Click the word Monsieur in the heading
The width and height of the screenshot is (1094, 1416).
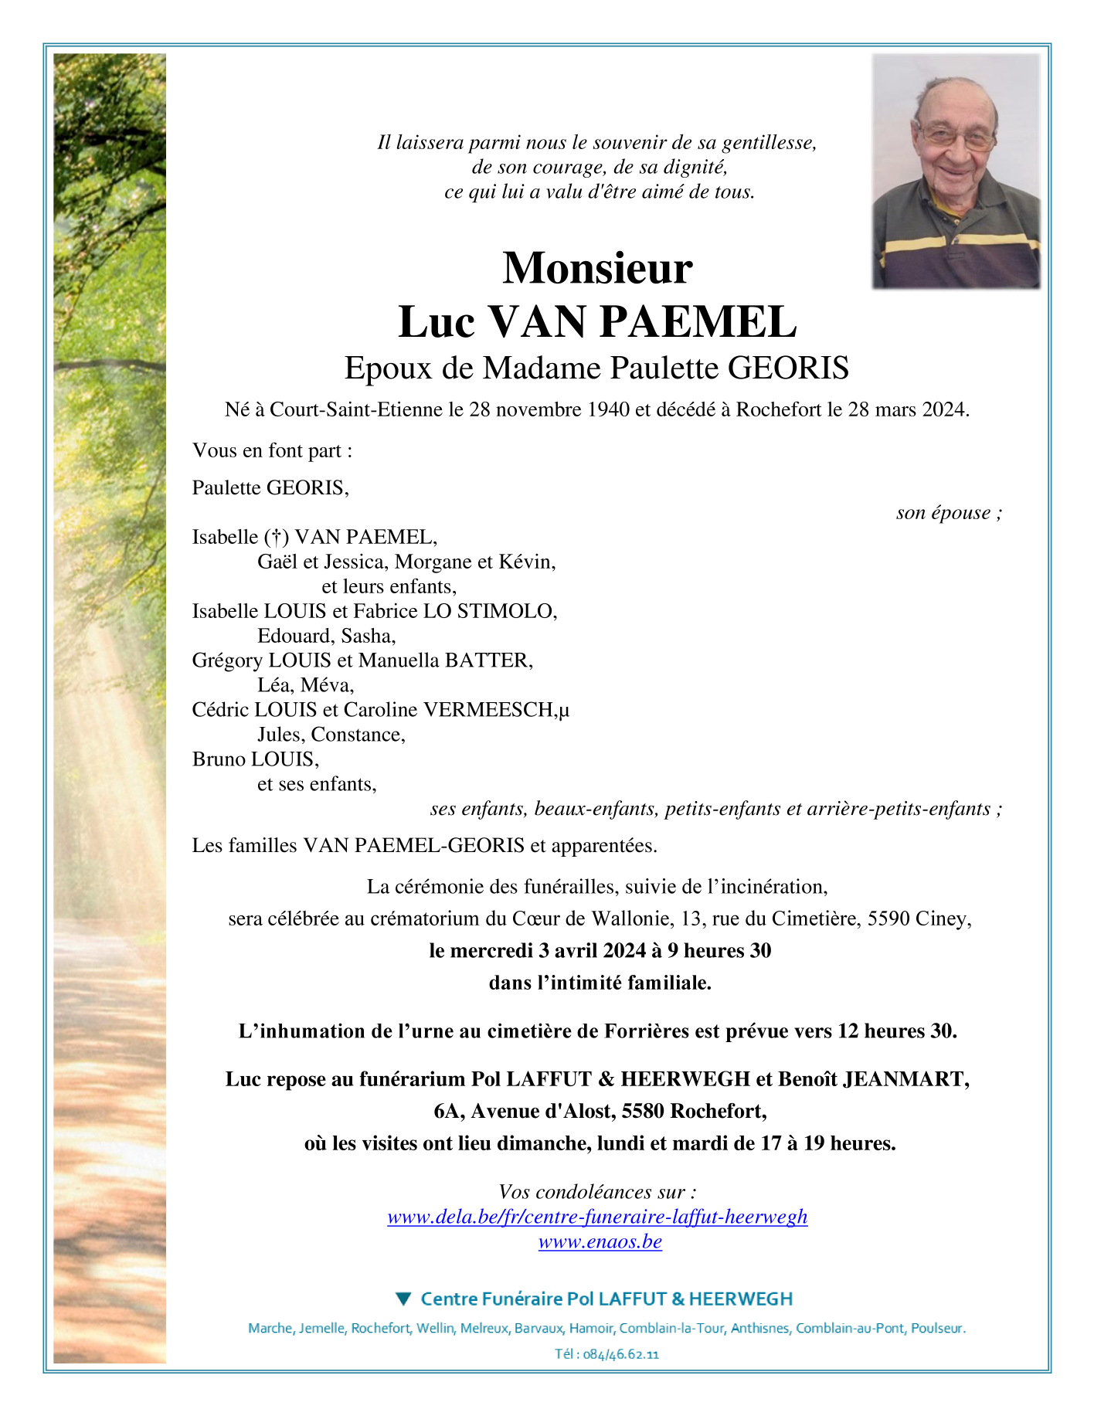pos(597,268)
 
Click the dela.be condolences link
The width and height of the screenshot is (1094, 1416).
pos(597,1217)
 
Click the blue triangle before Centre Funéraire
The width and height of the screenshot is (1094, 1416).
pos(403,1299)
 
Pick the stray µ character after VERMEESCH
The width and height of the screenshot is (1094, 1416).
pos(564,711)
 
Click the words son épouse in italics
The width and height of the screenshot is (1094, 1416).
pos(943,513)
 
